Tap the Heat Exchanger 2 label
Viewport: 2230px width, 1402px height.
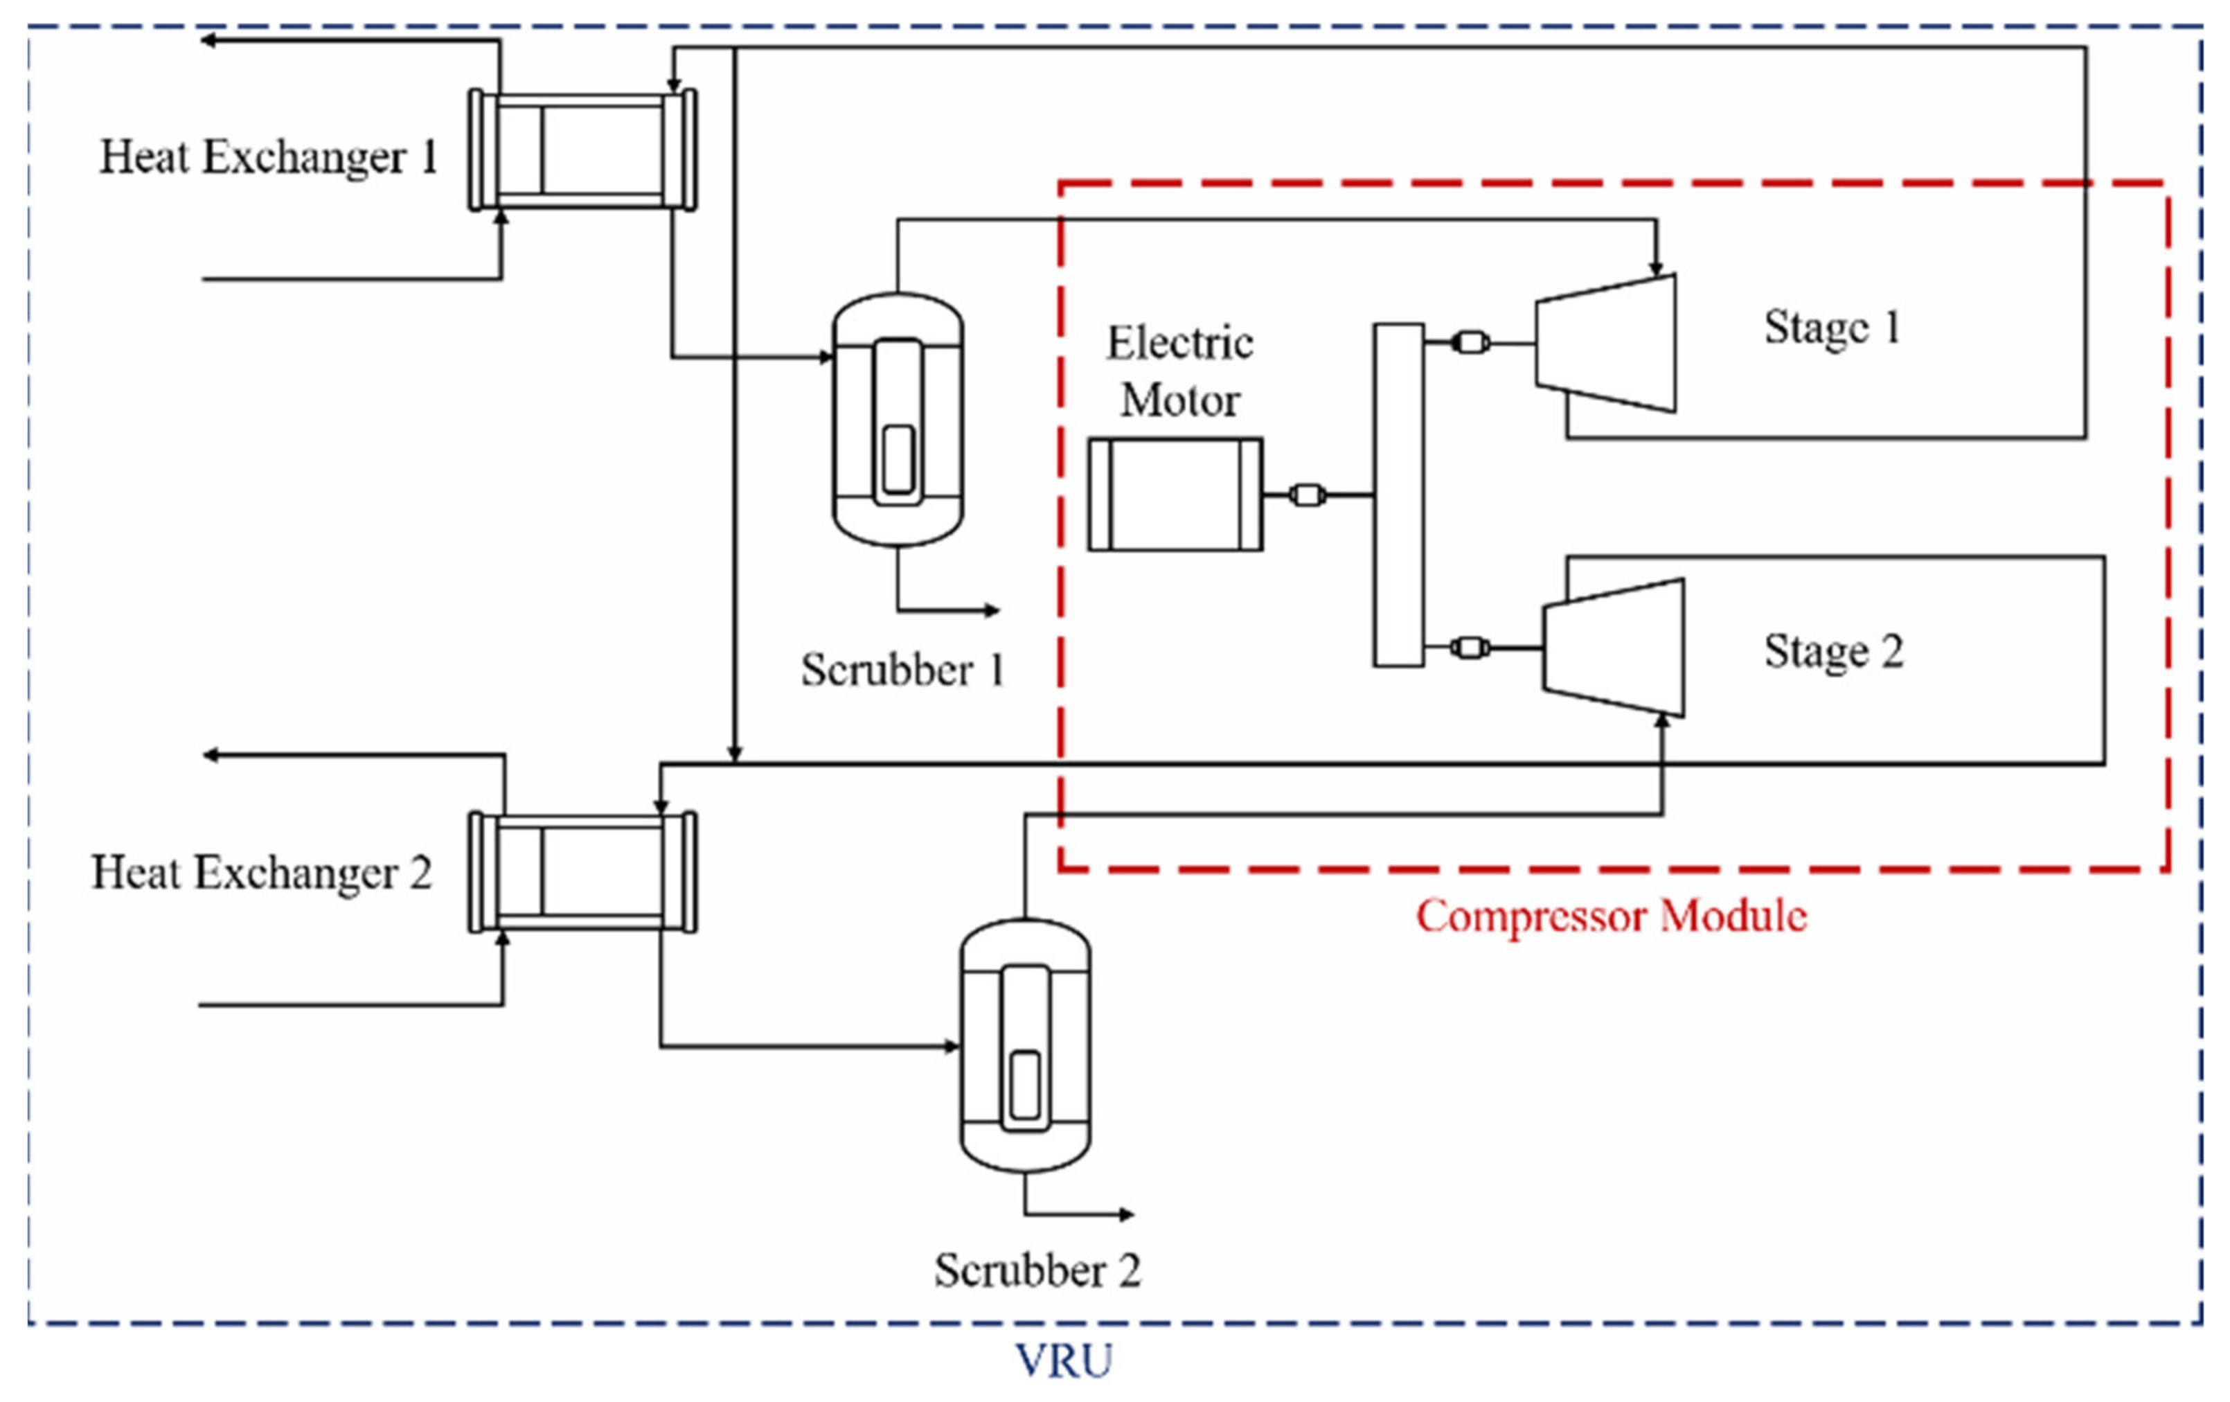[261, 872]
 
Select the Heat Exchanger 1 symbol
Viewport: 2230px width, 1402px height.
[582, 150]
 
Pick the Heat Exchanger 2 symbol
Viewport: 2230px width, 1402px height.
[582, 872]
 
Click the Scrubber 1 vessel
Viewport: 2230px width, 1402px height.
[898, 420]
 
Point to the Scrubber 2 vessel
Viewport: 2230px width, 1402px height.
[1025, 1047]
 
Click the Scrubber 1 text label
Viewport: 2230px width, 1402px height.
[903, 670]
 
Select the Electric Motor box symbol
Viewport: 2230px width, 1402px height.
[1175, 495]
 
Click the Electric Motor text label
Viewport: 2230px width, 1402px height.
[1180, 371]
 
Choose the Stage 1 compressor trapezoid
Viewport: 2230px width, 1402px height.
[1607, 344]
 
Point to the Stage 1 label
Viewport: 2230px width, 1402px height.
[1832, 327]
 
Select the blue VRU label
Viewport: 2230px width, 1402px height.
[1063, 1360]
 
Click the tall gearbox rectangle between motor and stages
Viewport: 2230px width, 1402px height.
[1398, 495]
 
